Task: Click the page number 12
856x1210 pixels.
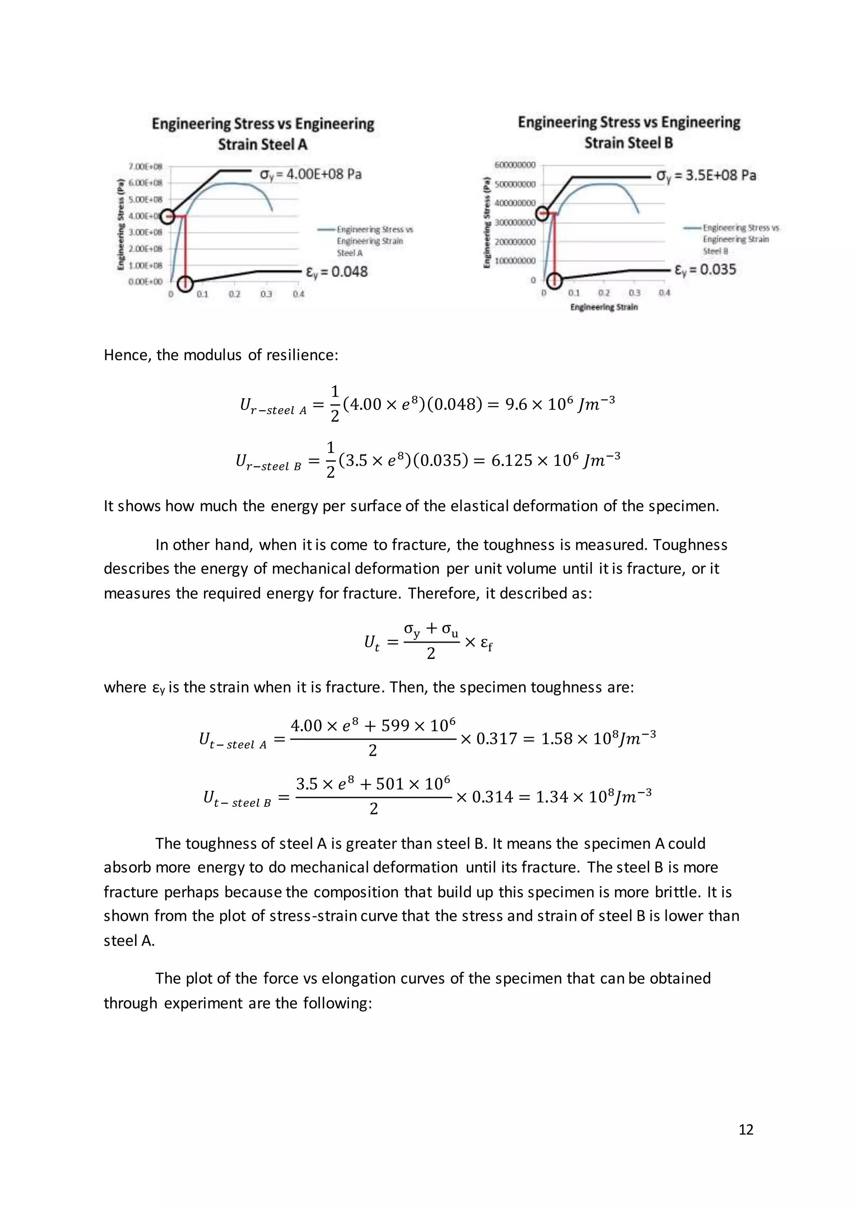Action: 746,1129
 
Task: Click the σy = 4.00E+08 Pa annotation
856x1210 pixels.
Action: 311,174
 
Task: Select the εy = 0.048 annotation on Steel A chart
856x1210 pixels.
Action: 336,272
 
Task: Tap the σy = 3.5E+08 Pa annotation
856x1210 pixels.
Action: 706,175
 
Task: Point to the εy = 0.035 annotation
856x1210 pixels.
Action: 705,270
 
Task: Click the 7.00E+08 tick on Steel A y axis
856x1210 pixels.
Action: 145,167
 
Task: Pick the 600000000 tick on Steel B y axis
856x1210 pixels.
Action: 515,165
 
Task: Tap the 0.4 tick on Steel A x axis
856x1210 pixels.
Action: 298,294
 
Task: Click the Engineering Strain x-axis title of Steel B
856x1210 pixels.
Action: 604,307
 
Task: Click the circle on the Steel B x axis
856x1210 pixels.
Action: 555,280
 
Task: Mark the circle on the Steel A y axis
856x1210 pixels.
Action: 168,216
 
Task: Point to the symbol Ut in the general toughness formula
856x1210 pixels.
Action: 372,643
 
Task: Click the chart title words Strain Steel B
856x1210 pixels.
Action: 628,143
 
